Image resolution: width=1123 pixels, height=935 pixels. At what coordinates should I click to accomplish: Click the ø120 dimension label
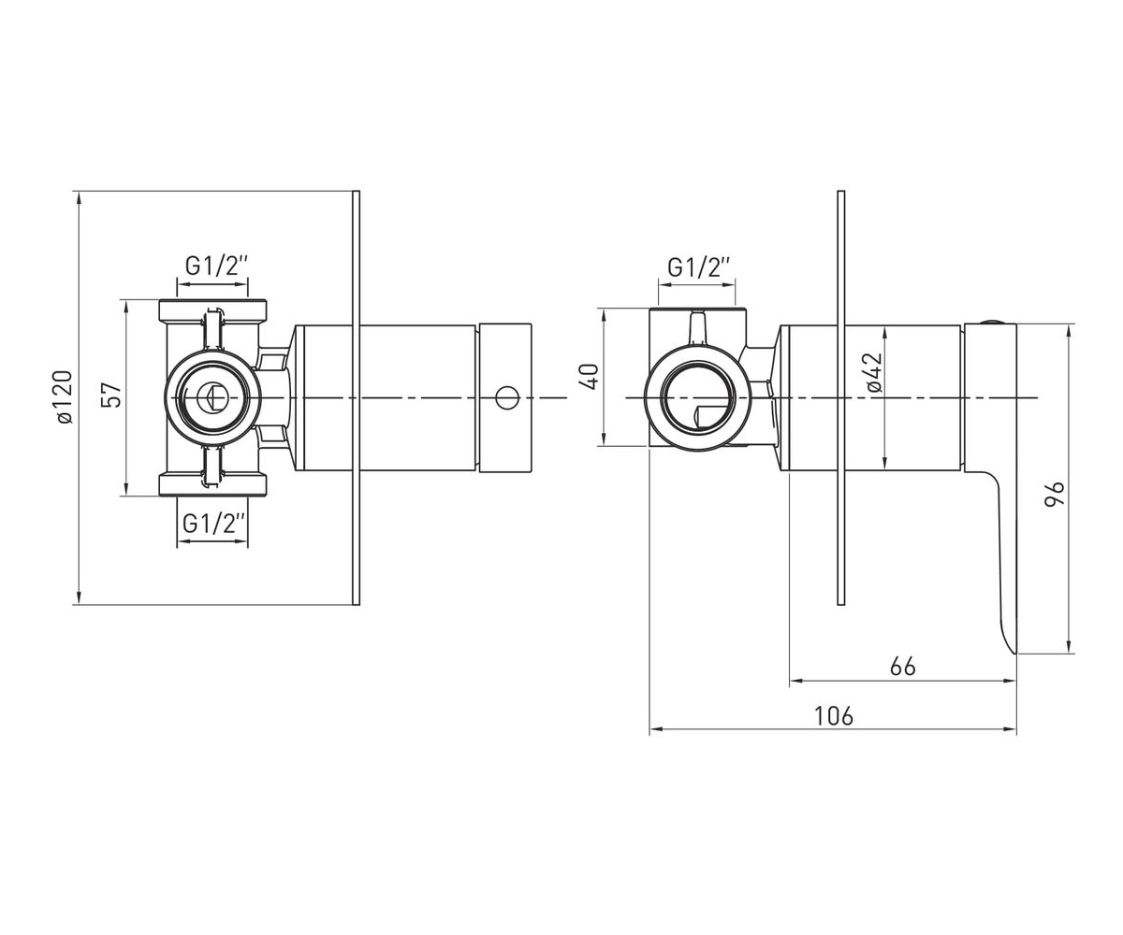(65, 397)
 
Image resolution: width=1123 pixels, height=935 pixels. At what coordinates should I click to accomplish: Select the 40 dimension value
(590, 377)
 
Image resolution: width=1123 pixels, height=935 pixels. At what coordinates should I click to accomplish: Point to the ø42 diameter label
(874, 373)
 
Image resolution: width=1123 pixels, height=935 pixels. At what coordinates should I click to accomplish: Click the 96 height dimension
(1054, 495)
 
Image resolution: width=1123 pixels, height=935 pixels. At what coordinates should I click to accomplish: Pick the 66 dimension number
(902, 667)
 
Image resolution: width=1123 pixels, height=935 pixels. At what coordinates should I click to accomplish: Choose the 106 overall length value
(833, 716)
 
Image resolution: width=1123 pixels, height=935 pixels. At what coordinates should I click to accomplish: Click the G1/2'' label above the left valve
(216, 266)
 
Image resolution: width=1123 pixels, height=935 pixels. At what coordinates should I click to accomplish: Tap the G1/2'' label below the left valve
(214, 524)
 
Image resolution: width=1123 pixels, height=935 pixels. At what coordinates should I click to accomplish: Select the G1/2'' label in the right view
(699, 267)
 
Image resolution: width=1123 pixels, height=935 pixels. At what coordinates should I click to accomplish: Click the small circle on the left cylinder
(506, 397)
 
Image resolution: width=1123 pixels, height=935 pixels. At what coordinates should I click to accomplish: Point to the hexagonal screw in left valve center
(212, 397)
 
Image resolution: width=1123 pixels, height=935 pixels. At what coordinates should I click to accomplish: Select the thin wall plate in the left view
(356, 397)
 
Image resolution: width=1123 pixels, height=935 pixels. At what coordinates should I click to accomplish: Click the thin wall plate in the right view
(841, 397)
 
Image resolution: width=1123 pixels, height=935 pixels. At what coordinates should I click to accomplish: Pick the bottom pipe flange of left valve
(213, 484)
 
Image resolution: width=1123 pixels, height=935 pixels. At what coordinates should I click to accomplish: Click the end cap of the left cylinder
(505, 397)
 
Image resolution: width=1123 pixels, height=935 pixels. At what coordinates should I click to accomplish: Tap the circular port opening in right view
(697, 398)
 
